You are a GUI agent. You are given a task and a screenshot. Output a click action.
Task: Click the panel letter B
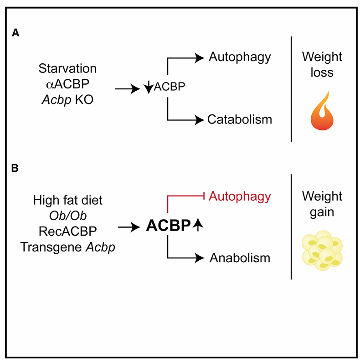[15, 168]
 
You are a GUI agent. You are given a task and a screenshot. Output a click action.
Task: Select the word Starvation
[67, 69]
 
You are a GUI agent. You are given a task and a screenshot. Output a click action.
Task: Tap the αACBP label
[67, 84]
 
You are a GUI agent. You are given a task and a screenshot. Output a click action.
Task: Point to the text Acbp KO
[67, 99]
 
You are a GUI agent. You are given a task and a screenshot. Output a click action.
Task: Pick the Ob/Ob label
[67, 215]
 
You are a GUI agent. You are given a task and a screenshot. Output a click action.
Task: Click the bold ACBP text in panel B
[167, 226]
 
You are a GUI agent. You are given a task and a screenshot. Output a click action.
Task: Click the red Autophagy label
[240, 196]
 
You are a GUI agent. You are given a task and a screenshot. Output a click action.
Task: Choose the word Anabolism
[240, 258]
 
